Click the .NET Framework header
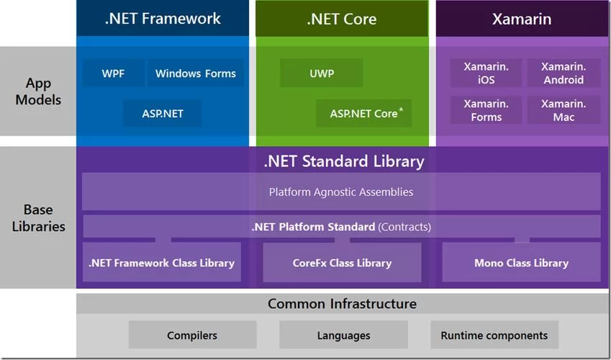(x=162, y=19)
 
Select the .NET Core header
(x=341, y=19)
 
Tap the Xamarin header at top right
(x=521, y=19)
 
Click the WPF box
(x=113, y=73)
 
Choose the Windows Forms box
(x=195, y=73)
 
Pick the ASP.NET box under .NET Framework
(x=163, y=114)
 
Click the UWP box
(x=321, y=73)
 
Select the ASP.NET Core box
(x=364, y=114)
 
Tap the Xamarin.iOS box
(x=486, y=73)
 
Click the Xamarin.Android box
(x=564, y=73)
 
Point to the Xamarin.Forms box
(x=486, y=110)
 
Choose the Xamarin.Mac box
(x=564, y=110)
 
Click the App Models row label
(x=38, y=91)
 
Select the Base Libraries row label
(x=38, y=218)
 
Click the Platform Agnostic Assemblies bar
(x=341, y=192)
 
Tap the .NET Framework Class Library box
(x=161, y=263)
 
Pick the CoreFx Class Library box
(x=342, y=263)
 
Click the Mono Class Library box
(x=521, y=263)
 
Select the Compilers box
(x=192, y=336)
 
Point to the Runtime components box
(x=494, y=336)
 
